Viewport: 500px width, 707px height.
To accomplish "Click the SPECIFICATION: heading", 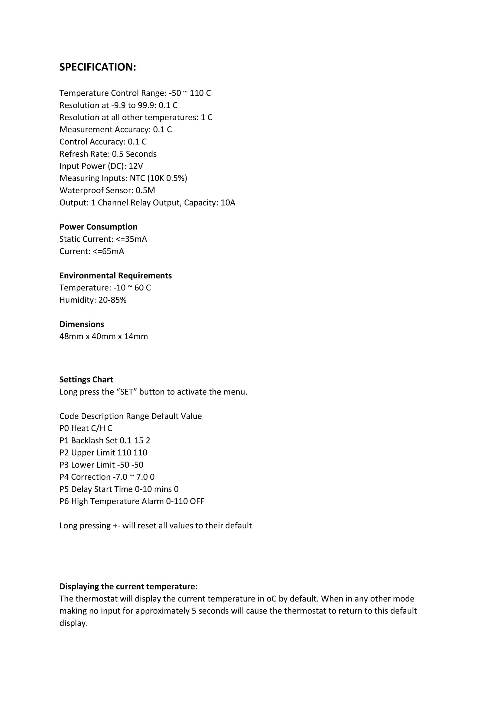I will point(98,67).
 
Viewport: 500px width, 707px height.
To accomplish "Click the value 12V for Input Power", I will point(136,166).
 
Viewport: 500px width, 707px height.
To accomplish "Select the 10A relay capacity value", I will point(228,203).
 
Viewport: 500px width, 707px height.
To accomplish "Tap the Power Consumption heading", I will point(99,227).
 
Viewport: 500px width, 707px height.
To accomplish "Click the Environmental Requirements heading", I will point(115,276).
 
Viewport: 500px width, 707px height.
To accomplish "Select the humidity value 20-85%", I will point(112,300).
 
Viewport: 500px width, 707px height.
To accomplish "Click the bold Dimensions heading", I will point(82,324).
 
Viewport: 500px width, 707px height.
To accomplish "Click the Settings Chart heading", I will point(86,380).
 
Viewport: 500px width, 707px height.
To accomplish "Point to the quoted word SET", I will point(127,392).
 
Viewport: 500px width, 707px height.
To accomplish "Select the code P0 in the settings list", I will point(64,428).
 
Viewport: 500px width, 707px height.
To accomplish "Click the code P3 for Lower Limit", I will point(64,465).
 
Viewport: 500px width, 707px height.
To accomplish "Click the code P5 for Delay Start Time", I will point(64,489).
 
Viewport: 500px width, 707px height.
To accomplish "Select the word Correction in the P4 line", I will point(90,477).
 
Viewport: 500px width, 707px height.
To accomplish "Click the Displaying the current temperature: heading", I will point(128,587).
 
